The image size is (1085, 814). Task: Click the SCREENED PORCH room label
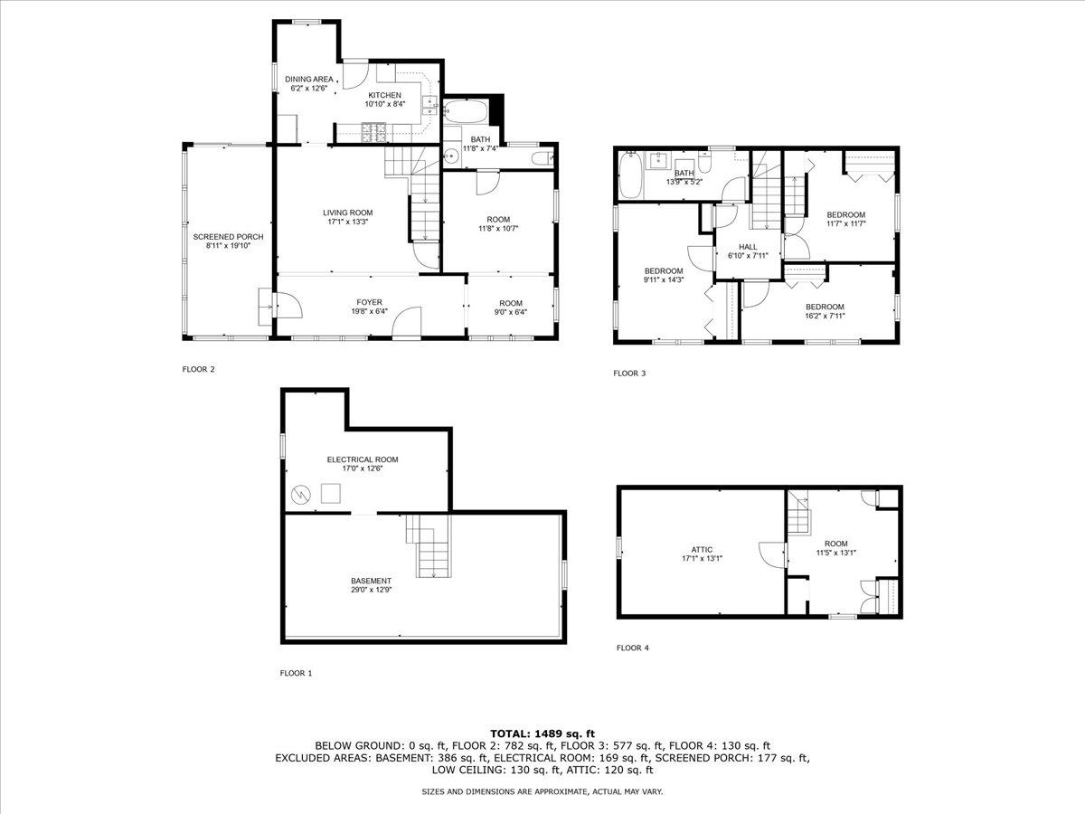point(228,237)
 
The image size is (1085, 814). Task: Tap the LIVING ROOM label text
point(348,213)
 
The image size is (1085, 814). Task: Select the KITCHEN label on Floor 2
point(384,95)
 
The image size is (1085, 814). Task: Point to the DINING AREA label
point(309,79)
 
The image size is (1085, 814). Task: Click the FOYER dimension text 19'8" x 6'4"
point(369,311)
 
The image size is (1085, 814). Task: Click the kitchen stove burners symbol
point(374,133)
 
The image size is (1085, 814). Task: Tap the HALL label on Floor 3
point(748,247)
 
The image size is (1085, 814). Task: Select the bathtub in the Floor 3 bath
point(631,175)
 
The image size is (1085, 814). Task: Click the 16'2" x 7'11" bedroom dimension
point(825,316)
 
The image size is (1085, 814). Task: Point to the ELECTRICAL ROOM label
point(363,459)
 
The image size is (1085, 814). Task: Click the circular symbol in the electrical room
point(300,494)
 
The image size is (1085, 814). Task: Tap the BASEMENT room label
point(371,581)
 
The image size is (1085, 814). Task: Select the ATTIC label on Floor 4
point(702,550)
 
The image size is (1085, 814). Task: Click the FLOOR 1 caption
point(296,673)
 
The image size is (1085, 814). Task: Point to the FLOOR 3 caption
point(629,374)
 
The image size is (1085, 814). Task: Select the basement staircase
point(429,545)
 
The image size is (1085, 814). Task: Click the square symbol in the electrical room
point(331,493)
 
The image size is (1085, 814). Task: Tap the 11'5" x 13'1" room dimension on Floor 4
point(835,553)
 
